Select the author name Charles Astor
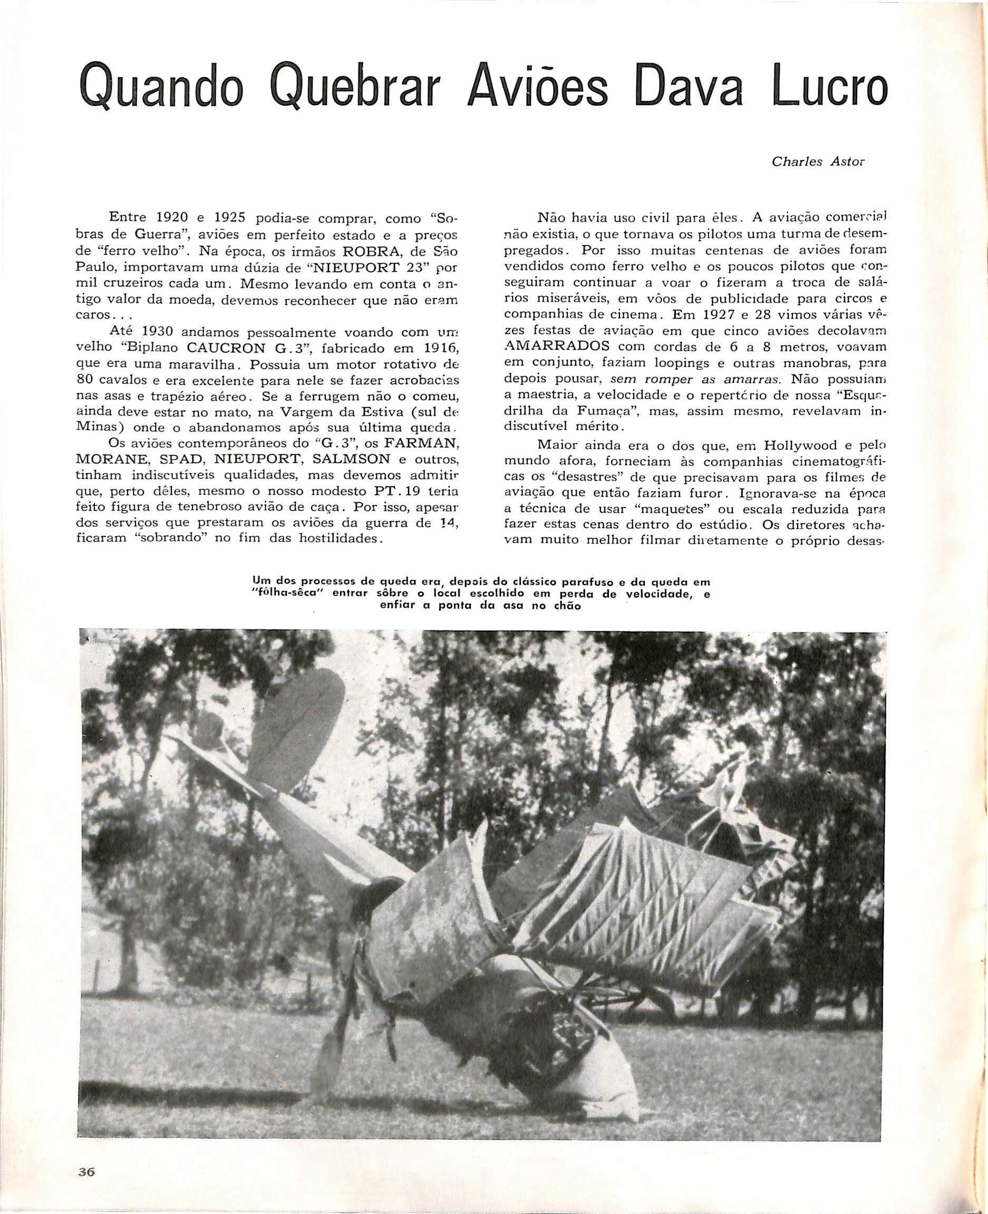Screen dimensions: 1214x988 [818, 162]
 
